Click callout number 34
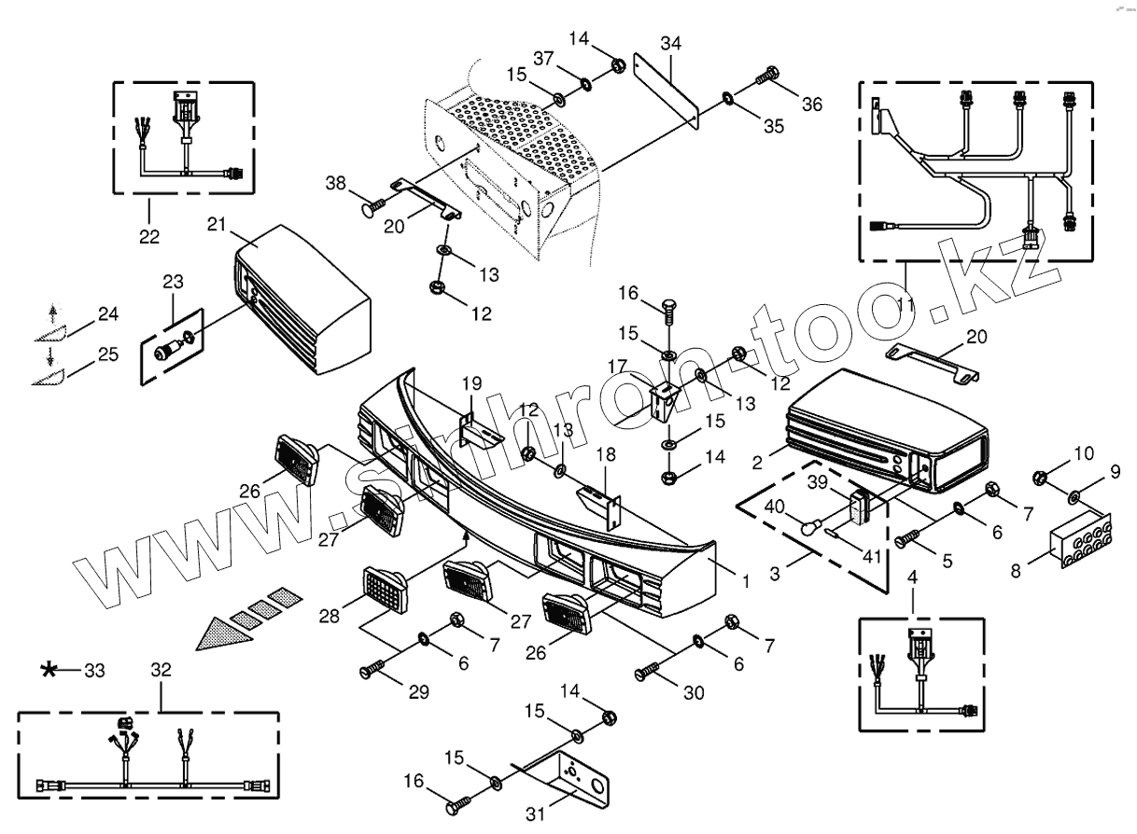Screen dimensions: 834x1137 (x=670, y=43)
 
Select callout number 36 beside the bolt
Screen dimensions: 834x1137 (x=812, y=104)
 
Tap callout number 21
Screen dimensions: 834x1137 (x=217, y=225)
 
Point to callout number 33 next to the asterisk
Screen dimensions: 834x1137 (x=95, y=670)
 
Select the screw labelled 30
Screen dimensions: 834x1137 (x=646, y=671)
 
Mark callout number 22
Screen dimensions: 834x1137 (x=149, y=237)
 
